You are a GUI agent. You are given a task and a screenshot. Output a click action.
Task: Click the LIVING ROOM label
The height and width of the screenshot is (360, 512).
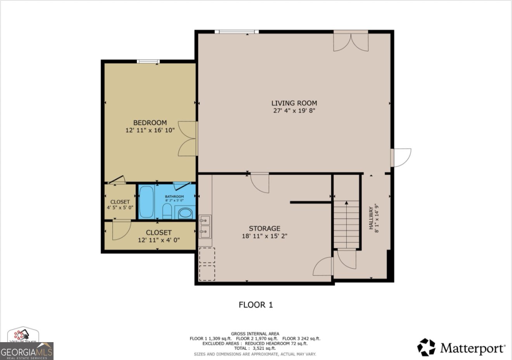pyautogui.click(x=294, y=103)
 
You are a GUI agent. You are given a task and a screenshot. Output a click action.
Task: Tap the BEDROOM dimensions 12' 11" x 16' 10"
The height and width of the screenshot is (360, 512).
pyautogui.click(x=150, y=131)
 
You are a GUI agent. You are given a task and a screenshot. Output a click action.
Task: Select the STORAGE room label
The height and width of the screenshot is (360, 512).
pyautogui.click(x=265, y=228)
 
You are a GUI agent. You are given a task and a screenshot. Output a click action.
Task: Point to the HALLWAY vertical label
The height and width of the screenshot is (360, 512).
pyautogui.click(x=373, y=220)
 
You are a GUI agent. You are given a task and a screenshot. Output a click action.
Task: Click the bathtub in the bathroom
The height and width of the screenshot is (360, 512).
pyautogui.click(x=147, y=202)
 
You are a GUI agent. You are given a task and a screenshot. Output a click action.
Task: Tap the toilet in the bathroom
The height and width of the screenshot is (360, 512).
pyautogui.click(x=167, y=211)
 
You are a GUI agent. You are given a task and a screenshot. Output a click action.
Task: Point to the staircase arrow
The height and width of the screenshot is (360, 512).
pyautogui.click(x=346, y=204)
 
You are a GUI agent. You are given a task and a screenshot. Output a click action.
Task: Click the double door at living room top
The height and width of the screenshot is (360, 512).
pyautogui.click(x=351, y=42)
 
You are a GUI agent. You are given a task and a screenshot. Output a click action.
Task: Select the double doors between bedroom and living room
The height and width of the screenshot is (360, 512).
pyautogui.click(x=188, y=138)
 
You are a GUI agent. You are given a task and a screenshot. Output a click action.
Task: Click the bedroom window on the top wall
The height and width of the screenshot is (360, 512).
pyautogui.click(x=149, y=61)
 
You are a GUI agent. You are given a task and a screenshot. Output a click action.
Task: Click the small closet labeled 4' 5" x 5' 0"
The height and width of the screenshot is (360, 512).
pyautogui.click(x=120, y=202)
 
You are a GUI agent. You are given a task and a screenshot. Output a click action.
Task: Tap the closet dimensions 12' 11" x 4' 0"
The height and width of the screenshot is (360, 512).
pyautogui.click(x=159, y=240)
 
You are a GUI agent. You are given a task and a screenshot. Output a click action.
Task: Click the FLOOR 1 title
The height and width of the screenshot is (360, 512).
pyautogui.click(x=256, y=305)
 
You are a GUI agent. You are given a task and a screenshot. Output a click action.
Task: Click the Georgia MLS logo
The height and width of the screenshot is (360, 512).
pyautogui.click(x=26, y=351)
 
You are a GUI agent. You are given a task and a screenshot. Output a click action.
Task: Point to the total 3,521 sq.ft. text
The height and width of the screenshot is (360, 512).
pyautogui.click(x=255, y=348)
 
